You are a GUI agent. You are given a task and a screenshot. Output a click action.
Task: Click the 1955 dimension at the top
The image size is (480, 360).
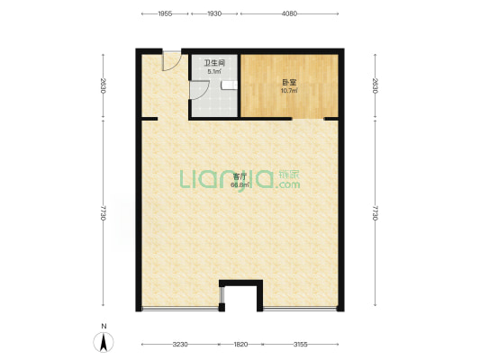coord(165,13)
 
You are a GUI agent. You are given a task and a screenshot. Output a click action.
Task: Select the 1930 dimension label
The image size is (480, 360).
coord(214,13)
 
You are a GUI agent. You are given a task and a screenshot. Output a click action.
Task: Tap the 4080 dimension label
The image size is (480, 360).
coord(289,13)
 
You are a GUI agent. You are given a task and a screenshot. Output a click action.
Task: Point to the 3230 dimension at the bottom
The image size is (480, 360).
coord(180,345)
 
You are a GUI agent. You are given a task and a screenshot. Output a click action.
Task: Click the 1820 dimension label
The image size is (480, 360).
coord(240,345)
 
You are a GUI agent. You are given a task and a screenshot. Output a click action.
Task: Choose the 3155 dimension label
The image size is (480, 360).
coord(300,345)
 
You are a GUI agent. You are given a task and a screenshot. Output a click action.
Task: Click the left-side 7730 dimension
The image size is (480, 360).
coord(104,213)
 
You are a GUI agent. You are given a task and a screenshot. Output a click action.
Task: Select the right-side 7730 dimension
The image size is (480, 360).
coord(376,213)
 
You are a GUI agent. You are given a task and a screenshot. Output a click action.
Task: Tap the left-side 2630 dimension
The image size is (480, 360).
coord(104,85)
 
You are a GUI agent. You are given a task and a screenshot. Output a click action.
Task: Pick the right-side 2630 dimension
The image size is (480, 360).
coord(376,85)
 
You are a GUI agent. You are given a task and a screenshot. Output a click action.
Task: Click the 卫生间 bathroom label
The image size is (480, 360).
coord(214,63)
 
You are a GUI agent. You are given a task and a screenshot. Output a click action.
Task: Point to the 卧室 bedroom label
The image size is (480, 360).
coord(289,83)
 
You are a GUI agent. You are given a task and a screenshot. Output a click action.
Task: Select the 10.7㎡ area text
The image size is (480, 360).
coord(289,91)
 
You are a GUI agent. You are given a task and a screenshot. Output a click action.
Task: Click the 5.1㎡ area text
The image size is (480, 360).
coord(214,72)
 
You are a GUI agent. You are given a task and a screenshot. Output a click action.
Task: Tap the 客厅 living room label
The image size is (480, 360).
coord(240,176)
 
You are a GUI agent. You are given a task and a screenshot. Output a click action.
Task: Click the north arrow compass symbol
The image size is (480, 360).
coord(104,342)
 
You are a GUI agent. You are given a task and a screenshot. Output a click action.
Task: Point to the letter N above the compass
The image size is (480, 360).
coord(104,327)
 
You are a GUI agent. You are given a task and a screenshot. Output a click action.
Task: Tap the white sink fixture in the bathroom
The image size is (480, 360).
coord(230,85)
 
